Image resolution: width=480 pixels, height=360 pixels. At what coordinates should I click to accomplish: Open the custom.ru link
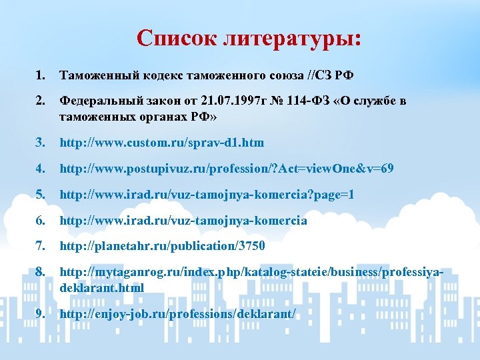tap(162, 143)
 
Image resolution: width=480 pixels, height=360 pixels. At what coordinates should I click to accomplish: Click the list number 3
tap(41, 143)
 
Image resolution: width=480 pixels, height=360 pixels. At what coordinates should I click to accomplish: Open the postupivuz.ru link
tap(227, 169)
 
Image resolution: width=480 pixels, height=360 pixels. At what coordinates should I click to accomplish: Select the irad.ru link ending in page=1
tap(207, 195)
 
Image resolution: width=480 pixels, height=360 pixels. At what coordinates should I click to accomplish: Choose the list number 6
tap(41, 221)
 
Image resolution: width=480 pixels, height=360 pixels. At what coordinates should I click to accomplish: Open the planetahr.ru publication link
tap(163, 247)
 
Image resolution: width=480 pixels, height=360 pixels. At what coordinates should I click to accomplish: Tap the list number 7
tap(41, 247)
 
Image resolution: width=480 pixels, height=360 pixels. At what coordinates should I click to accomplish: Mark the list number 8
tap(41, 273)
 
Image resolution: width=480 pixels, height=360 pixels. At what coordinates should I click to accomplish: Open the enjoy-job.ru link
tap(177, 313)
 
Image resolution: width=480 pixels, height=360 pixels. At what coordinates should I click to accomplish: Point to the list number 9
tap(41, 313)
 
